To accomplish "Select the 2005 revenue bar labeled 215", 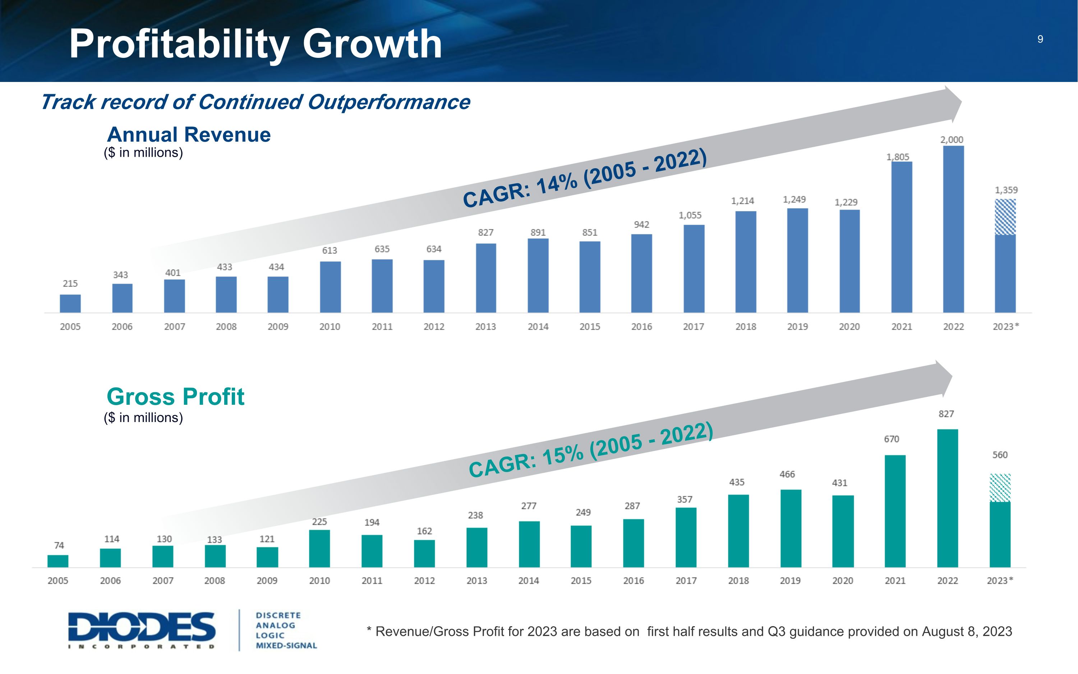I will [x=70, y=303].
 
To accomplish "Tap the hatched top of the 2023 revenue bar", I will [x=1005, y=217].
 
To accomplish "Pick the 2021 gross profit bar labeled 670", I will [x=895, y=511].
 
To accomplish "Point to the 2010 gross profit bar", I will [x=319, y=548].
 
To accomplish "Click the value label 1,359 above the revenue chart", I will [x=1006, y=190].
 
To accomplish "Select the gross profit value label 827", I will [x=946, y=414].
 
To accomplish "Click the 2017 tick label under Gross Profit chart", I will [x=686, y=581].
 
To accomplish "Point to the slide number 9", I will [x=1040, y=39].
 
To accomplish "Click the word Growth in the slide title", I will [x=372, y=44].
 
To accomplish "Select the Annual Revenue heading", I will [x=189, y=135].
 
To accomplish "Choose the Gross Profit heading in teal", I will [x=175, y=396].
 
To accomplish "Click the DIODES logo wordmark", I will [x=142, y=627].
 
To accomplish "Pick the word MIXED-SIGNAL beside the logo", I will [x=286, y=646].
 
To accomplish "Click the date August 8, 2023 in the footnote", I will [x=967, y=632].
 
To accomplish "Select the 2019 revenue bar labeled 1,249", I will [x=797, y=260].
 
